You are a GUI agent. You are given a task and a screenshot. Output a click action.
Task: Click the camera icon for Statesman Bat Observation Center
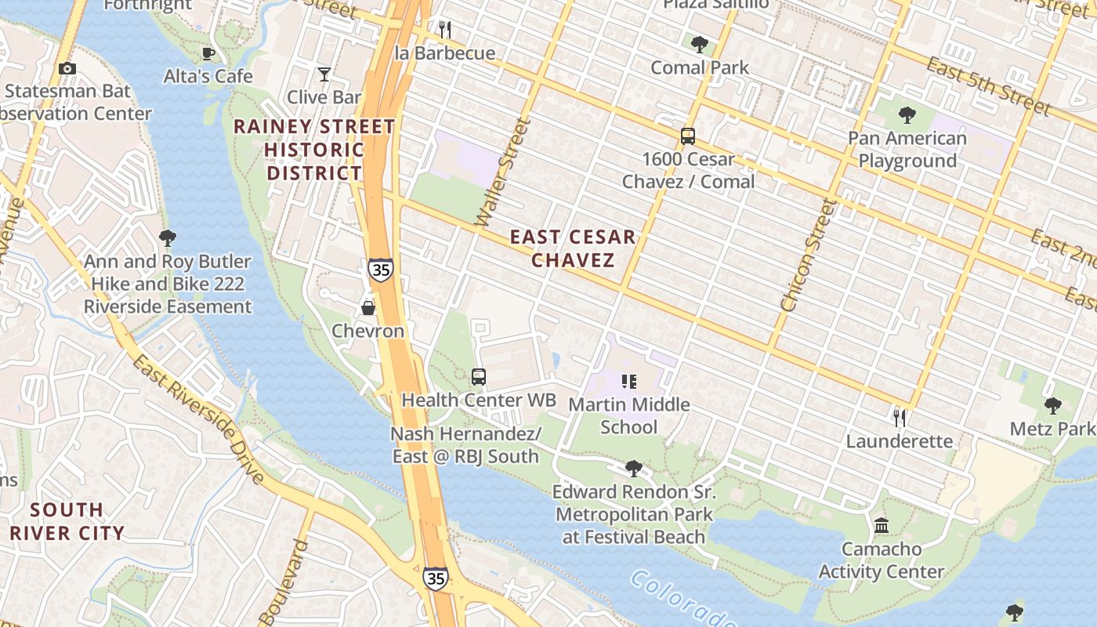pos(67,69)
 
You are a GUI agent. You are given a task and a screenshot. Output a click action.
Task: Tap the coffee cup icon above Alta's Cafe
pos(208,53)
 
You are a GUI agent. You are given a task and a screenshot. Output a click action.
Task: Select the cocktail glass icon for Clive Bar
pos(324,74)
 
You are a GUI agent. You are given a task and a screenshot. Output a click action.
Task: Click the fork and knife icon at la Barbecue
pos(444,30)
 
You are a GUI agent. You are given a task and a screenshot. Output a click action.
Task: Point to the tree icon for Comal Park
pos(700,45)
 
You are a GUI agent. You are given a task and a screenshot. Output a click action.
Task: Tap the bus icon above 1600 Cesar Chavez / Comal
pos(688,136)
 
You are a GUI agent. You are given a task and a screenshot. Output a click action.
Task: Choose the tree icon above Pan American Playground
pos(907,116)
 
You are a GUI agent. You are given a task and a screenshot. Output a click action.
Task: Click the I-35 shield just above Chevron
pos(380,269)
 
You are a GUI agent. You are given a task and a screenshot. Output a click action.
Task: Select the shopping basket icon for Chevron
pos(367,308)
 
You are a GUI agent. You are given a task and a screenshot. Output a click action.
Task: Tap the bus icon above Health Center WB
pos(479,377)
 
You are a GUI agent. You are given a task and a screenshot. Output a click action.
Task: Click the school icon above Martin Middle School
pos(628,382)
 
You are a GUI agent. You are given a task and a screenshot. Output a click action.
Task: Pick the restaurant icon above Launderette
pos(900,418)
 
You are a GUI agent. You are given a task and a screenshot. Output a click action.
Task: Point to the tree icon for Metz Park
pos(1052,406)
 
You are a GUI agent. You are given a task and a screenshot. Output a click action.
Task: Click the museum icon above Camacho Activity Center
pos(882,525)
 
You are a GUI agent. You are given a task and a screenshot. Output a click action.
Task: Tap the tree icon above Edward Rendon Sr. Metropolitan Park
pos(633,469)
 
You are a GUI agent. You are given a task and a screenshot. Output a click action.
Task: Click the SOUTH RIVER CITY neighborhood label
pos(67,521)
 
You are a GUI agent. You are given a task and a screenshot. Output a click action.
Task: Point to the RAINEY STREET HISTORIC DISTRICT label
pos(314,149)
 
